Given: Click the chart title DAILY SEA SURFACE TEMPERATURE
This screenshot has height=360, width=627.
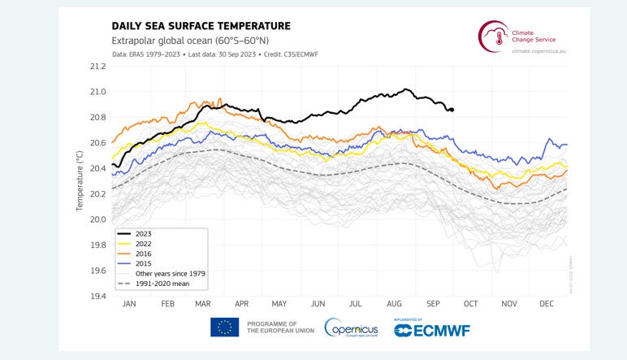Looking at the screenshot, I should tap(201, 26).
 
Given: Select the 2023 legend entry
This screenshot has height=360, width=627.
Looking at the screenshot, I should tap(143, 234).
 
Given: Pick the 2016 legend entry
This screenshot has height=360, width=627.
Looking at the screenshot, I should tap(143, 254).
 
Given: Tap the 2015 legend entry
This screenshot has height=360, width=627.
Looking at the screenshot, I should tap(143, 263).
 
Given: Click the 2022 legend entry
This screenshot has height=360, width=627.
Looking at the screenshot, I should tap(143, 244).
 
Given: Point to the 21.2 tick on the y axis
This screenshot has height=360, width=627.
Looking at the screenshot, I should tap(97, 67).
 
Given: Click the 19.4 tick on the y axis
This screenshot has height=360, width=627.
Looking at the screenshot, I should tap(97, 296).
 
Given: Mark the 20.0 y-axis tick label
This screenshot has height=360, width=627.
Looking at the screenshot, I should tap(97, 219).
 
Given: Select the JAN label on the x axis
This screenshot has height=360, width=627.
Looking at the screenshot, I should tap(129, 304).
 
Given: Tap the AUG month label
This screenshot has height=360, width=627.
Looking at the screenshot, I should tap(395, 304).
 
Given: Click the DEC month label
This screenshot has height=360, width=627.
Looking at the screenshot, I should tap(547, 304).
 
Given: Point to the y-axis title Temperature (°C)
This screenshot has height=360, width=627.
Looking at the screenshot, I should tap(80, 180).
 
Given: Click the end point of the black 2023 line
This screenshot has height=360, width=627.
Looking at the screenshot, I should tap(452, 110).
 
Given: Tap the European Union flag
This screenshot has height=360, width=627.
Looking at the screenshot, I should tap(224, 327).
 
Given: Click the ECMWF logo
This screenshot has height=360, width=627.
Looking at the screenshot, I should tap(432, 329).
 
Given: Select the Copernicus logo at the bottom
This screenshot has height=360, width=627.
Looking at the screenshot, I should tap(351, 327).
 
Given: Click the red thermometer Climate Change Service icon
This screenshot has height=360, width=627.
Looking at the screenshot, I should tap(492, 37).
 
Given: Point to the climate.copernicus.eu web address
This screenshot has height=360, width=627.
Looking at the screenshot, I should tap(538, 50).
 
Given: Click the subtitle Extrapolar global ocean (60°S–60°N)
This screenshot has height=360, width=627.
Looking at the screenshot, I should tap(190, 41).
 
